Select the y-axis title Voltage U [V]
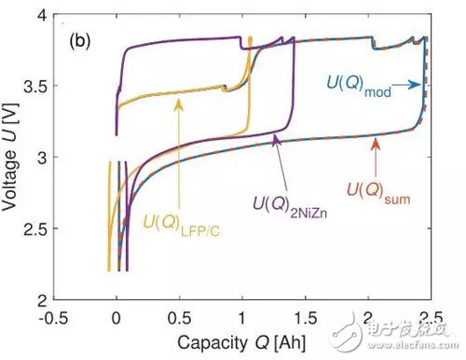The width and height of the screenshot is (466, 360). pyautogui.click(x=12, y=159)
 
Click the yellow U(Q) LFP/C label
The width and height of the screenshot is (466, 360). pyautogui.click(x=183, y=223)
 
